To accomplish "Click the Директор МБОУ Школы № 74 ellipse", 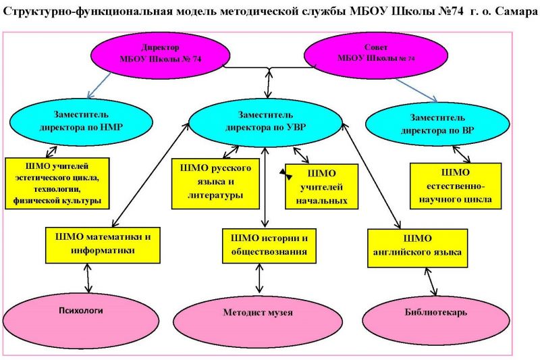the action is (160, 55).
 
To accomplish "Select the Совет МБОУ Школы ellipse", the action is (376, 55).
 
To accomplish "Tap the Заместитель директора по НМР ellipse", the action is (81, 122).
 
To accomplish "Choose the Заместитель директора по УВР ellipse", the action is (265, 122).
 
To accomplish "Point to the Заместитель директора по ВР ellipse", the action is (437, 124).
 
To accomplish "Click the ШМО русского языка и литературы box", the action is (215, 184).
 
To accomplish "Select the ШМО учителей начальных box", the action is (322, 186).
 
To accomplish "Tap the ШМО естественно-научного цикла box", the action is (456, 186).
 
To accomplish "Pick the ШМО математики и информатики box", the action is (103, 245).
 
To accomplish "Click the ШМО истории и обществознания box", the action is (269, 246).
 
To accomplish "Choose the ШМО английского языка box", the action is (417, 248).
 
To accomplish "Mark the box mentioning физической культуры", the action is (57, 183).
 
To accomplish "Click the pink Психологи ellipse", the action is (81, 321).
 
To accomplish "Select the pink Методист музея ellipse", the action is (258, 322).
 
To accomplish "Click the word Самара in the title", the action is (516, 11).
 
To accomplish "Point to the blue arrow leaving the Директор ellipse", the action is (99, 85).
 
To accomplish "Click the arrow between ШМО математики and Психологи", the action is (88, 278).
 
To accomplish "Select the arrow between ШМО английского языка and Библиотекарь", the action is (431, 282).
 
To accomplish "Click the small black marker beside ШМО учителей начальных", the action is (286, 174).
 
